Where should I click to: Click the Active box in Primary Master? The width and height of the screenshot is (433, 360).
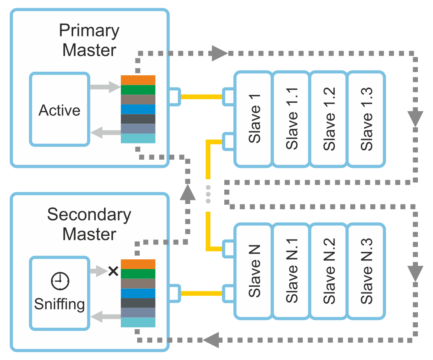pyautogui.click(x=60, y=109)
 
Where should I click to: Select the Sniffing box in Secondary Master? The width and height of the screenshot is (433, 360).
pyautogui.click(x=60, y=293)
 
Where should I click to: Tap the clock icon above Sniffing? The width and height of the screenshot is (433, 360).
pyautogui.click(x=60, y=281)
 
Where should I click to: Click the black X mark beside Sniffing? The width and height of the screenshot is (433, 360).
pyautogui.click(x=113, y=271)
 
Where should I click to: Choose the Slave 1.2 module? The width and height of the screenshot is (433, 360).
pyautogui.click(x=328, y=119)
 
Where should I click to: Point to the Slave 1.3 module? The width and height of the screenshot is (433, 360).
pyautogui.click(x=366, y=119)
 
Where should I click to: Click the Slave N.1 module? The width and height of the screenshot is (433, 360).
pyautogui.click(x=291, y=271)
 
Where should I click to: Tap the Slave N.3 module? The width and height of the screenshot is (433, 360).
pyautogui.click(x=366, y=271)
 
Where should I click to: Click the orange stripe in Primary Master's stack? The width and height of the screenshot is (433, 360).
pyautogui.click(x=138, y=80)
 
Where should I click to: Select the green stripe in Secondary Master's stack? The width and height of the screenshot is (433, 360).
pyautogui.click(x=138, y=274)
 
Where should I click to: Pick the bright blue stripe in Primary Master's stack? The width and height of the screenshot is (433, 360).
pyautogui.click(x=138, y=109)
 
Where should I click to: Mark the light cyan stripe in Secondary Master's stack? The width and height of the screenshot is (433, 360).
pyautogui.click(x=138, y=322)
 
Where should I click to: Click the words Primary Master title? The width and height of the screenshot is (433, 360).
pyautogui.click(x=89, y=40)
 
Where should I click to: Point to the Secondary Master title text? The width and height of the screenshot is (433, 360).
pyautogui.click(x=89, y=224)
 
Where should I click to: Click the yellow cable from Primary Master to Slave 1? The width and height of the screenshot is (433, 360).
pyautogui.click(x=202, y=97)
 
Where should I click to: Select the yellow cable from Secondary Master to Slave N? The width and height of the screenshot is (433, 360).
pyautogui.click(x=202, y=293)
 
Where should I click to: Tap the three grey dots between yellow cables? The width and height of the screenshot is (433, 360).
pyautogui.click(x=208, y=194)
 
